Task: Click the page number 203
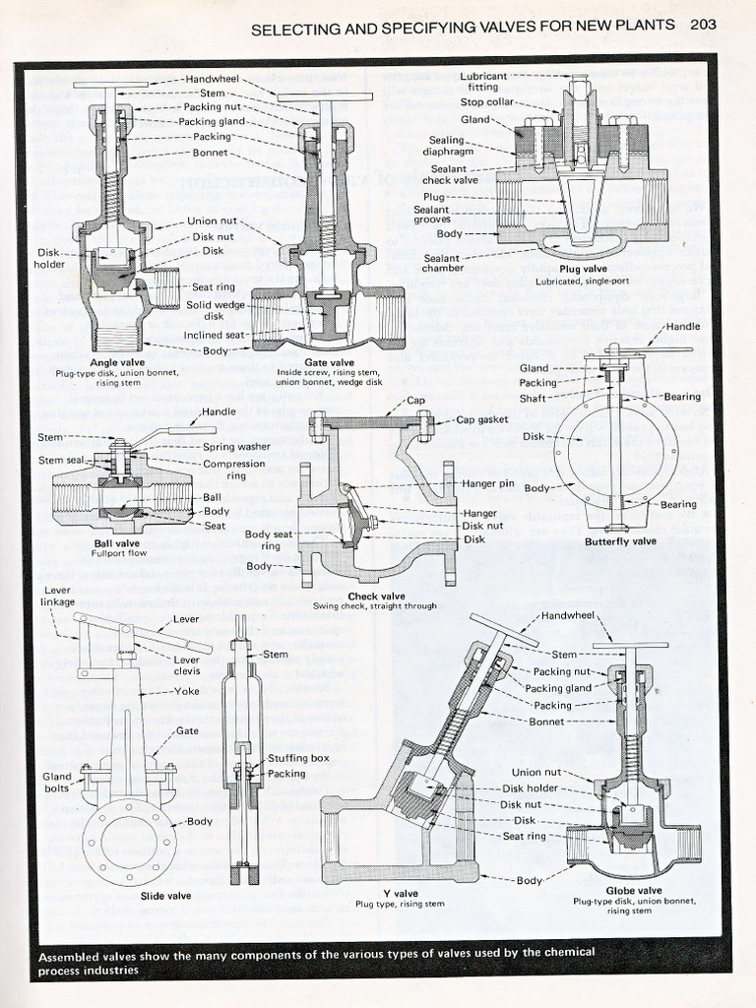pyautogui.click(x=703, y=26)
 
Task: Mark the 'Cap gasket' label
pyautogui.click(x=483, y=419)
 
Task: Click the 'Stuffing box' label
pyautogui.click(x=298, y=758)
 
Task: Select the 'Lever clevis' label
pyautogui.click(x=187, y=664)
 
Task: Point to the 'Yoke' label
pyautogui.click(x=187, y=691)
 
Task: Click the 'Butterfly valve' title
pyautogui.click(x=619, y=540)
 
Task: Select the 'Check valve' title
pyautogui.click(x=377, y=596)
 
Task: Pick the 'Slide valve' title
pyautogui.click(x=164, y=896)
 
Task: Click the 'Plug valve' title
pyautogui.click(x=583, y=268)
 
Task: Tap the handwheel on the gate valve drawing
pyautogui.click(x=325, y=96)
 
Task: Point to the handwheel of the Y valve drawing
pyautogui.click(x=503, y=630)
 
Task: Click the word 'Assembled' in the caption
pyautogui.click(x=76, y=955)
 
